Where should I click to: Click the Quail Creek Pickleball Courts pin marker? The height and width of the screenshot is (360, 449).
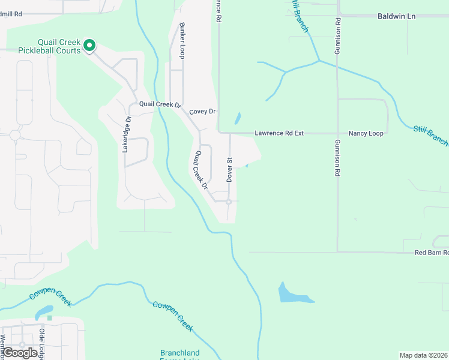coord(89,45)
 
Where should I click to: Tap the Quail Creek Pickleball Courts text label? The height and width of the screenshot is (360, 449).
coord(50,46)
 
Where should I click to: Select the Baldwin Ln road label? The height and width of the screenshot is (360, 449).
coord(396,16)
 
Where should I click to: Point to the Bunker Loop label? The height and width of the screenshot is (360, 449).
coord(181,41)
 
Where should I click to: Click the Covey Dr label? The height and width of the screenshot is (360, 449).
coord(202,112)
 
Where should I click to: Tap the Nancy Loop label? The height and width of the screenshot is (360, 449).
coord(366,133)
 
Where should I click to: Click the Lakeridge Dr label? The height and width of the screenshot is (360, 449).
coord(126,134)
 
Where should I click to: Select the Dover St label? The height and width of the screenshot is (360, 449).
coord(229,170)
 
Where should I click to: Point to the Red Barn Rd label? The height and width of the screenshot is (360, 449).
coord(431,253)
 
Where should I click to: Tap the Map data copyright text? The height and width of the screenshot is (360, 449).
coord(424,355)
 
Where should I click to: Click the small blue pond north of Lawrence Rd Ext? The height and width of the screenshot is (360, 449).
coord(237,118)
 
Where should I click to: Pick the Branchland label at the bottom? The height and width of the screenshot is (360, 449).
coord(179,353)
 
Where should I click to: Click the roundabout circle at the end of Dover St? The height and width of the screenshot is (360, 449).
coord(229,202)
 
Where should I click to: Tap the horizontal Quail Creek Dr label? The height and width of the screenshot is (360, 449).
coord(160,104)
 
